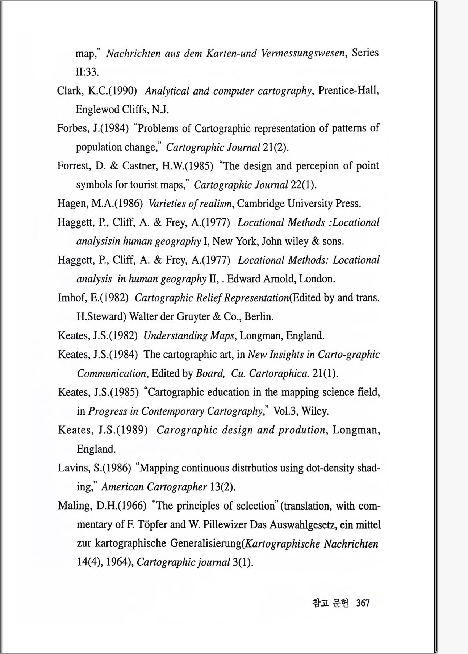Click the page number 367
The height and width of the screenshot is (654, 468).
[x=363, y=603]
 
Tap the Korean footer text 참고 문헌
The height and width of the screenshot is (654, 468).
[x=330, y=603]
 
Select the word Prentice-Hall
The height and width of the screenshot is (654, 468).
[x=348, y=90]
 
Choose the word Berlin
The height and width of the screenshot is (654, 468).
[x=259, y=317]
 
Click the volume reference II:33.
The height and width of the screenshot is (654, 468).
[x=87, y=72]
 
